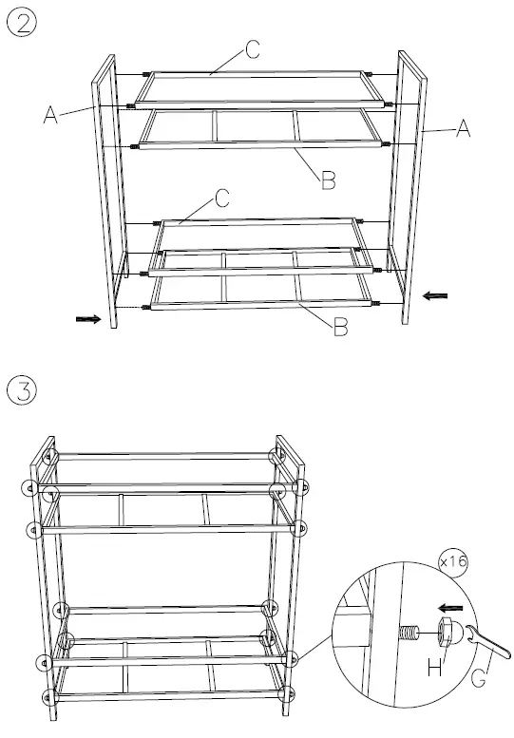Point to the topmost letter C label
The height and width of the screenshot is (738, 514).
[x=253, y=51]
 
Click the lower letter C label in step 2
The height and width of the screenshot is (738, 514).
[x=221, y=198]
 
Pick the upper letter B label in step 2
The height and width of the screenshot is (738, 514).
[x=328, y=180]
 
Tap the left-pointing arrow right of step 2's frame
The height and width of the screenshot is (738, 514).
[x=433, y=296]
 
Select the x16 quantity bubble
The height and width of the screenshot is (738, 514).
[x=454, y=561]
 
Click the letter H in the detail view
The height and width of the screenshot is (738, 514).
[x=433, y=669]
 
